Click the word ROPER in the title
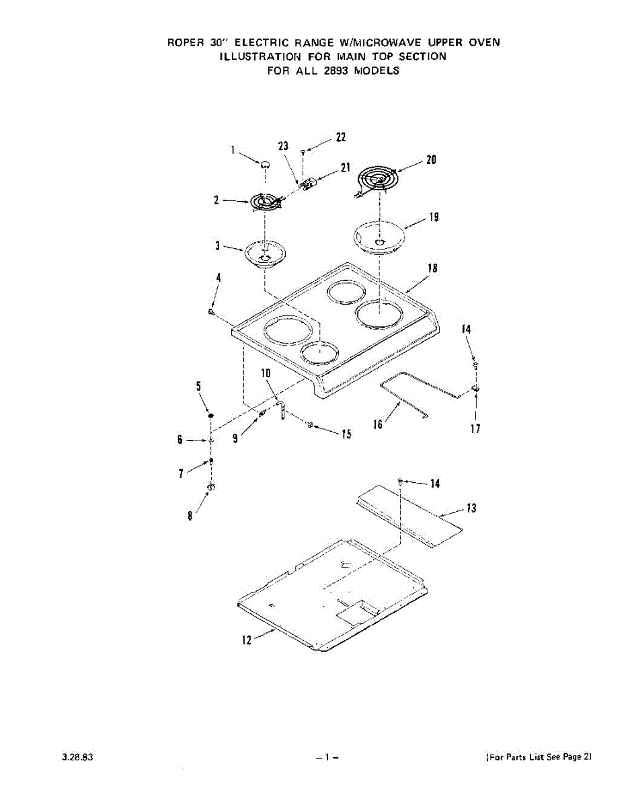(186, 42)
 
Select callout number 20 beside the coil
(431, 160)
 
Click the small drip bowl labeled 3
(266, 255)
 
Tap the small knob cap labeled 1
(266, 163)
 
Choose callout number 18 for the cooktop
(432, 268)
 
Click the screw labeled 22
(304, 153)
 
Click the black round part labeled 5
(211, 417)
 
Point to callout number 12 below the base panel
(247, 640)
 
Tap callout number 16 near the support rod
(378, 424)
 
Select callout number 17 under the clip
(475, 429)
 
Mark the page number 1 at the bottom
(326, 757)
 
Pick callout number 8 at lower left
(190, 516)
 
